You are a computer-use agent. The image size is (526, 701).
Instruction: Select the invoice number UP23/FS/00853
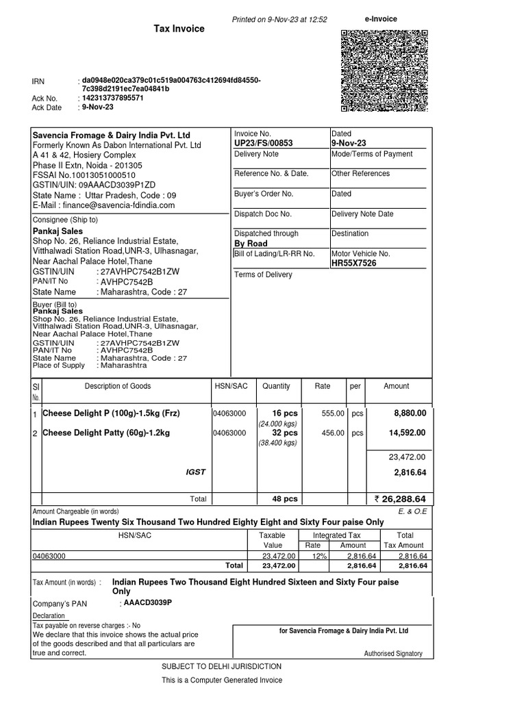264,143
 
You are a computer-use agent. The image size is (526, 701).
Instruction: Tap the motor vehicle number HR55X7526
353,263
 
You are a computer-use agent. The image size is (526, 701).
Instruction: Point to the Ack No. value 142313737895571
113,98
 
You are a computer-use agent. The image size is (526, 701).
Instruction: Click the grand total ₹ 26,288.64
400,498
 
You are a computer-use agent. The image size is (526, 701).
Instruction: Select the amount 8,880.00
410,413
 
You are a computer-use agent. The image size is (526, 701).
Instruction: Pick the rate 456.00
333,433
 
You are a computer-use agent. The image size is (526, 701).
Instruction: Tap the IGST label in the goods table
195,472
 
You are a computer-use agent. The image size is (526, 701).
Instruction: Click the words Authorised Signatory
393,654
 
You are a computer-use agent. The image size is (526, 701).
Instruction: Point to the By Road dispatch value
251,244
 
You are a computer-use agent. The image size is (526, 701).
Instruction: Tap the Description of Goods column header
117,386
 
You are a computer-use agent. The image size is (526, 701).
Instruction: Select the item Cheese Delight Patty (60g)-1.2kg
106,433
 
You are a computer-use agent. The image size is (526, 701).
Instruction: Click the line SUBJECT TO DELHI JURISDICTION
221,666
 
